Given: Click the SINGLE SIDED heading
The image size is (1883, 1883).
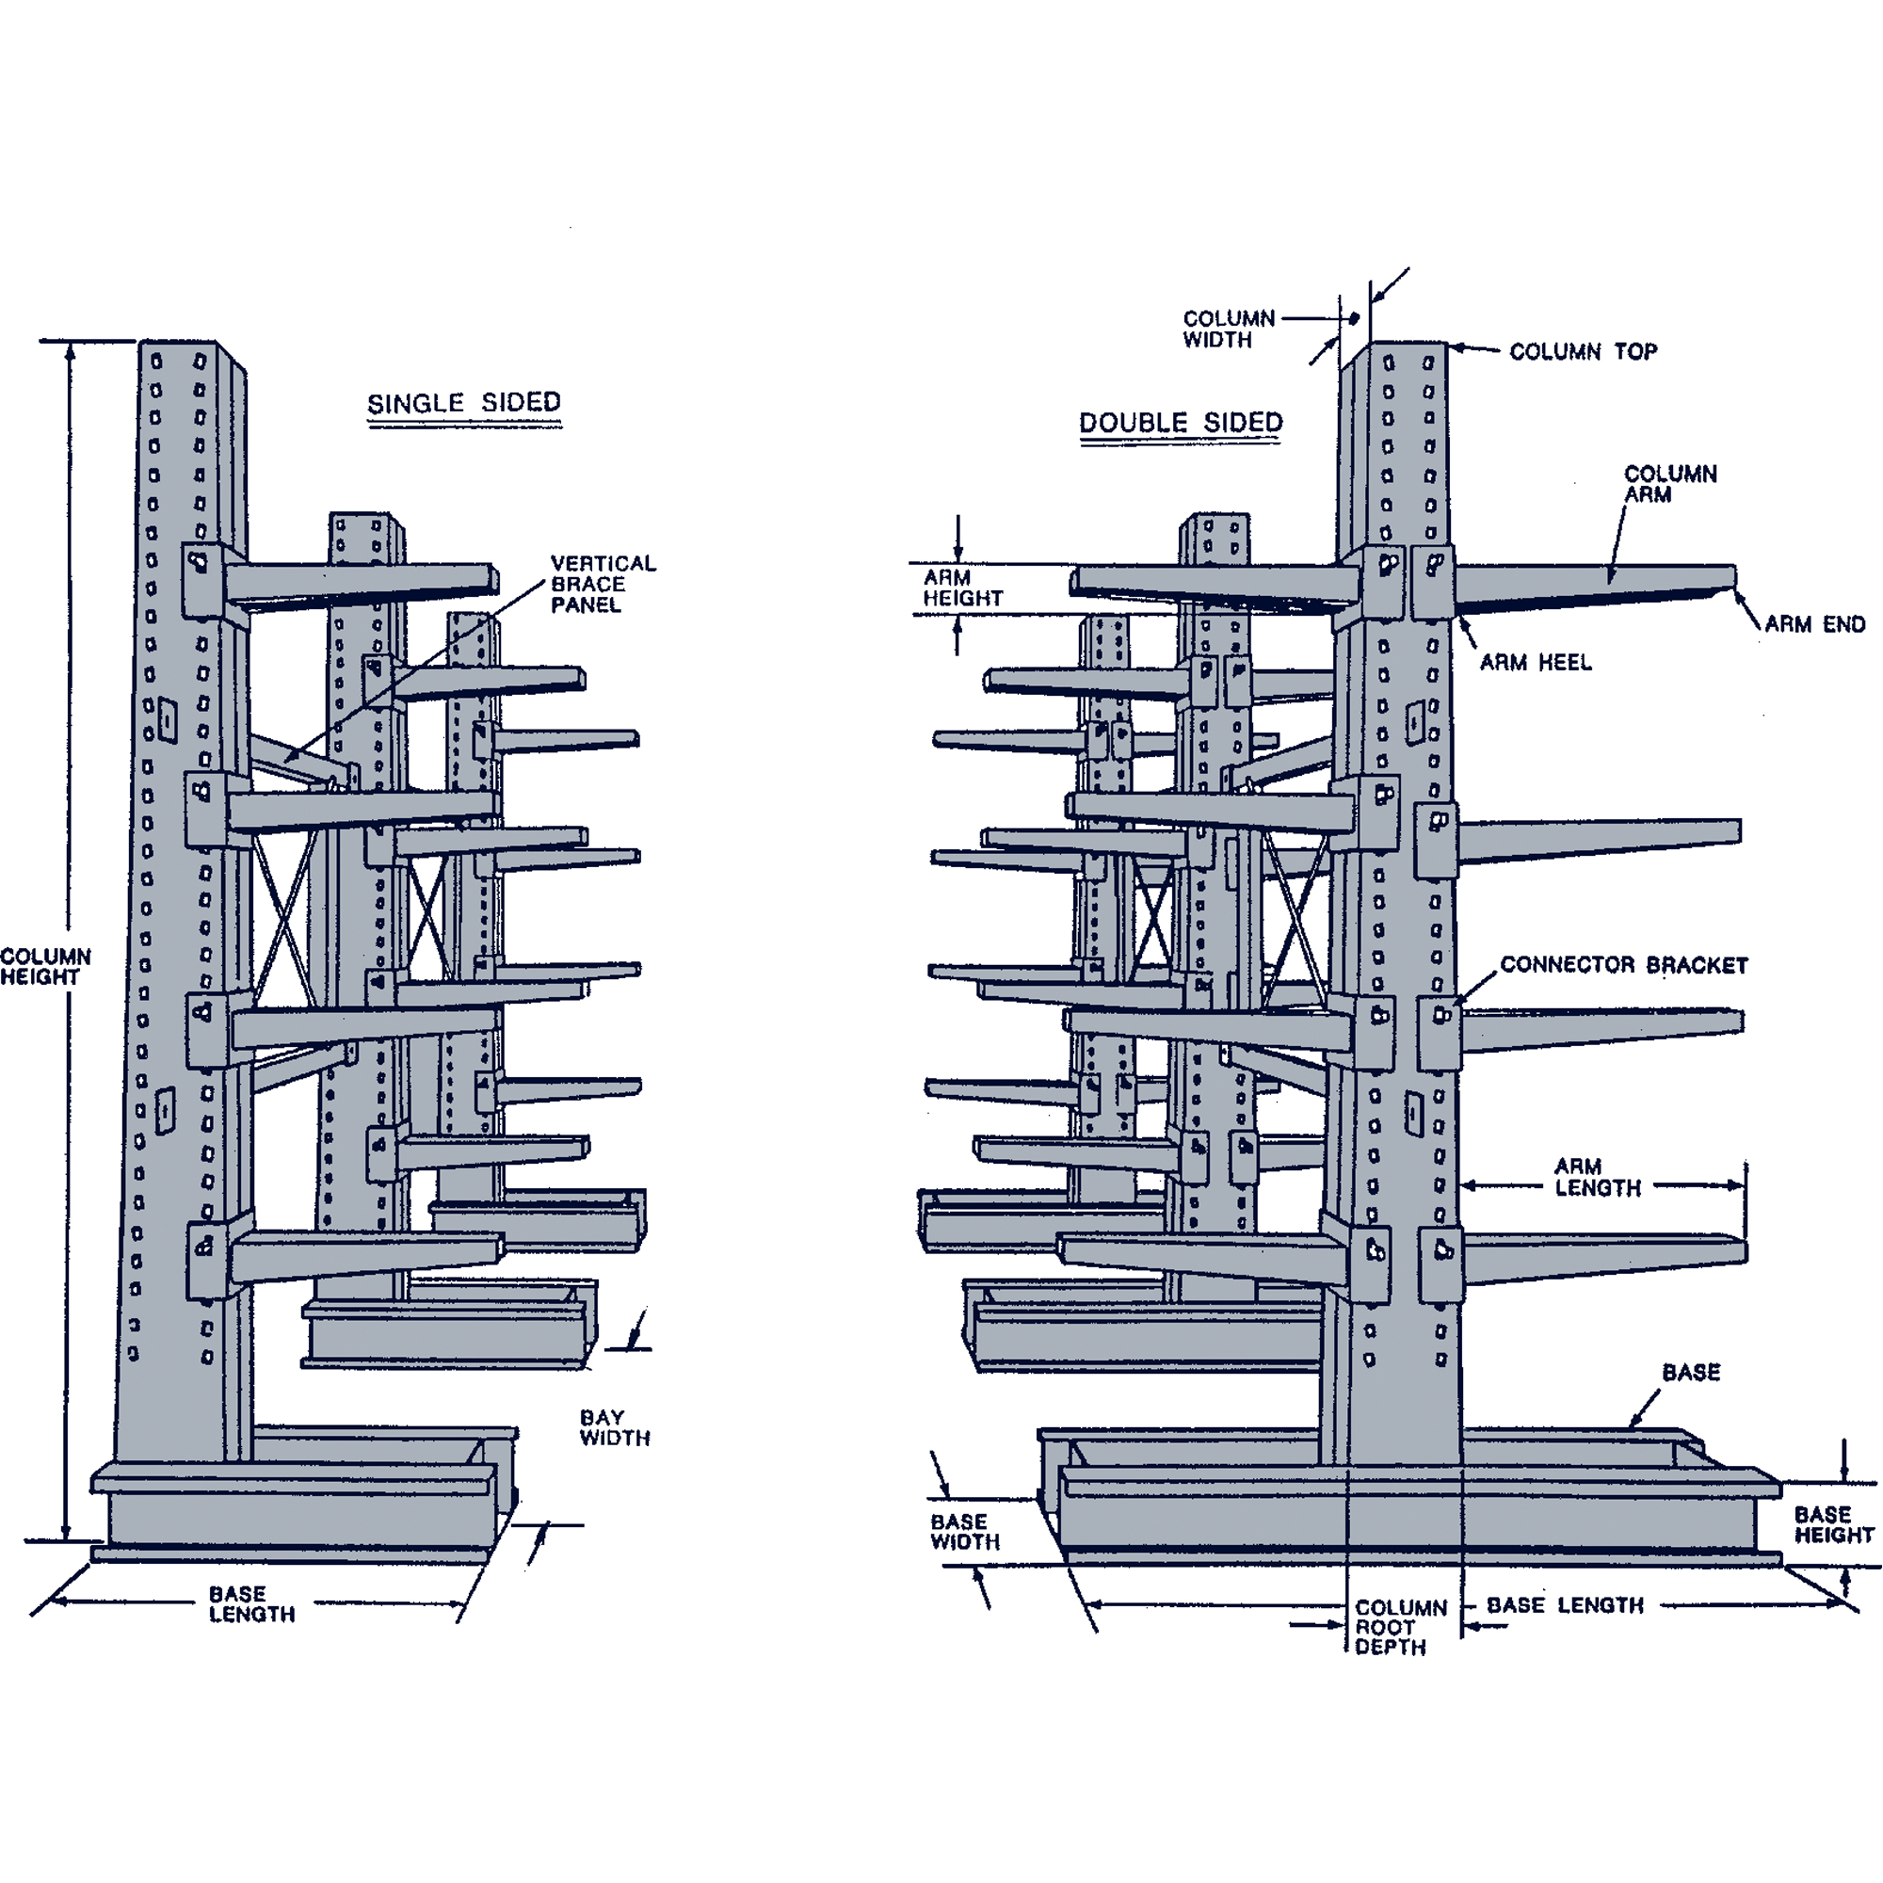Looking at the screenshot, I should point(464,403).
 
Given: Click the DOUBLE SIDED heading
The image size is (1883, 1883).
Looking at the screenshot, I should point(1181,423).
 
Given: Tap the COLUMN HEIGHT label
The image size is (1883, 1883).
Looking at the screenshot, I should point(45,966).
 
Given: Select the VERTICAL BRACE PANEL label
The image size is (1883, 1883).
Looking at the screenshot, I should point(603,584).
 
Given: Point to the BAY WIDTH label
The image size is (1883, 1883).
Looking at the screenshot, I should point(614,1427).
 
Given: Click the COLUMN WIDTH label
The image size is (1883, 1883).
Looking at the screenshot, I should point(1228,329).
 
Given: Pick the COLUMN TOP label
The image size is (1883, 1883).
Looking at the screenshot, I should point(1583,352).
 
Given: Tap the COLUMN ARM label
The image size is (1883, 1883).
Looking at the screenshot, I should point(1669,483).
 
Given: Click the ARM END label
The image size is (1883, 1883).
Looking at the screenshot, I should point(1814,624).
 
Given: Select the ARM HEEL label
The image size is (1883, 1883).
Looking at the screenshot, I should point(1535,663).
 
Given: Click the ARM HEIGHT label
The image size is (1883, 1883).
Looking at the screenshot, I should point(961,587).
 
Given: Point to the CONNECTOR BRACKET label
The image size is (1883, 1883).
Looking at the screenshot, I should point(1624,965).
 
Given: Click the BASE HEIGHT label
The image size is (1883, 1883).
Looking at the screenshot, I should point(1833,1524).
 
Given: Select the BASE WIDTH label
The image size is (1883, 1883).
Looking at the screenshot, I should point(964,1531).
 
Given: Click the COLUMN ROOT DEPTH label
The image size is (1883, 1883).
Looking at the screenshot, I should point(1400,1627).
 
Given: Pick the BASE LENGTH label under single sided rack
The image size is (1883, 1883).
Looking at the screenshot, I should point(251,1603).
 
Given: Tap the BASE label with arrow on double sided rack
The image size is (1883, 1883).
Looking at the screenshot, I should point(1691,1373).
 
